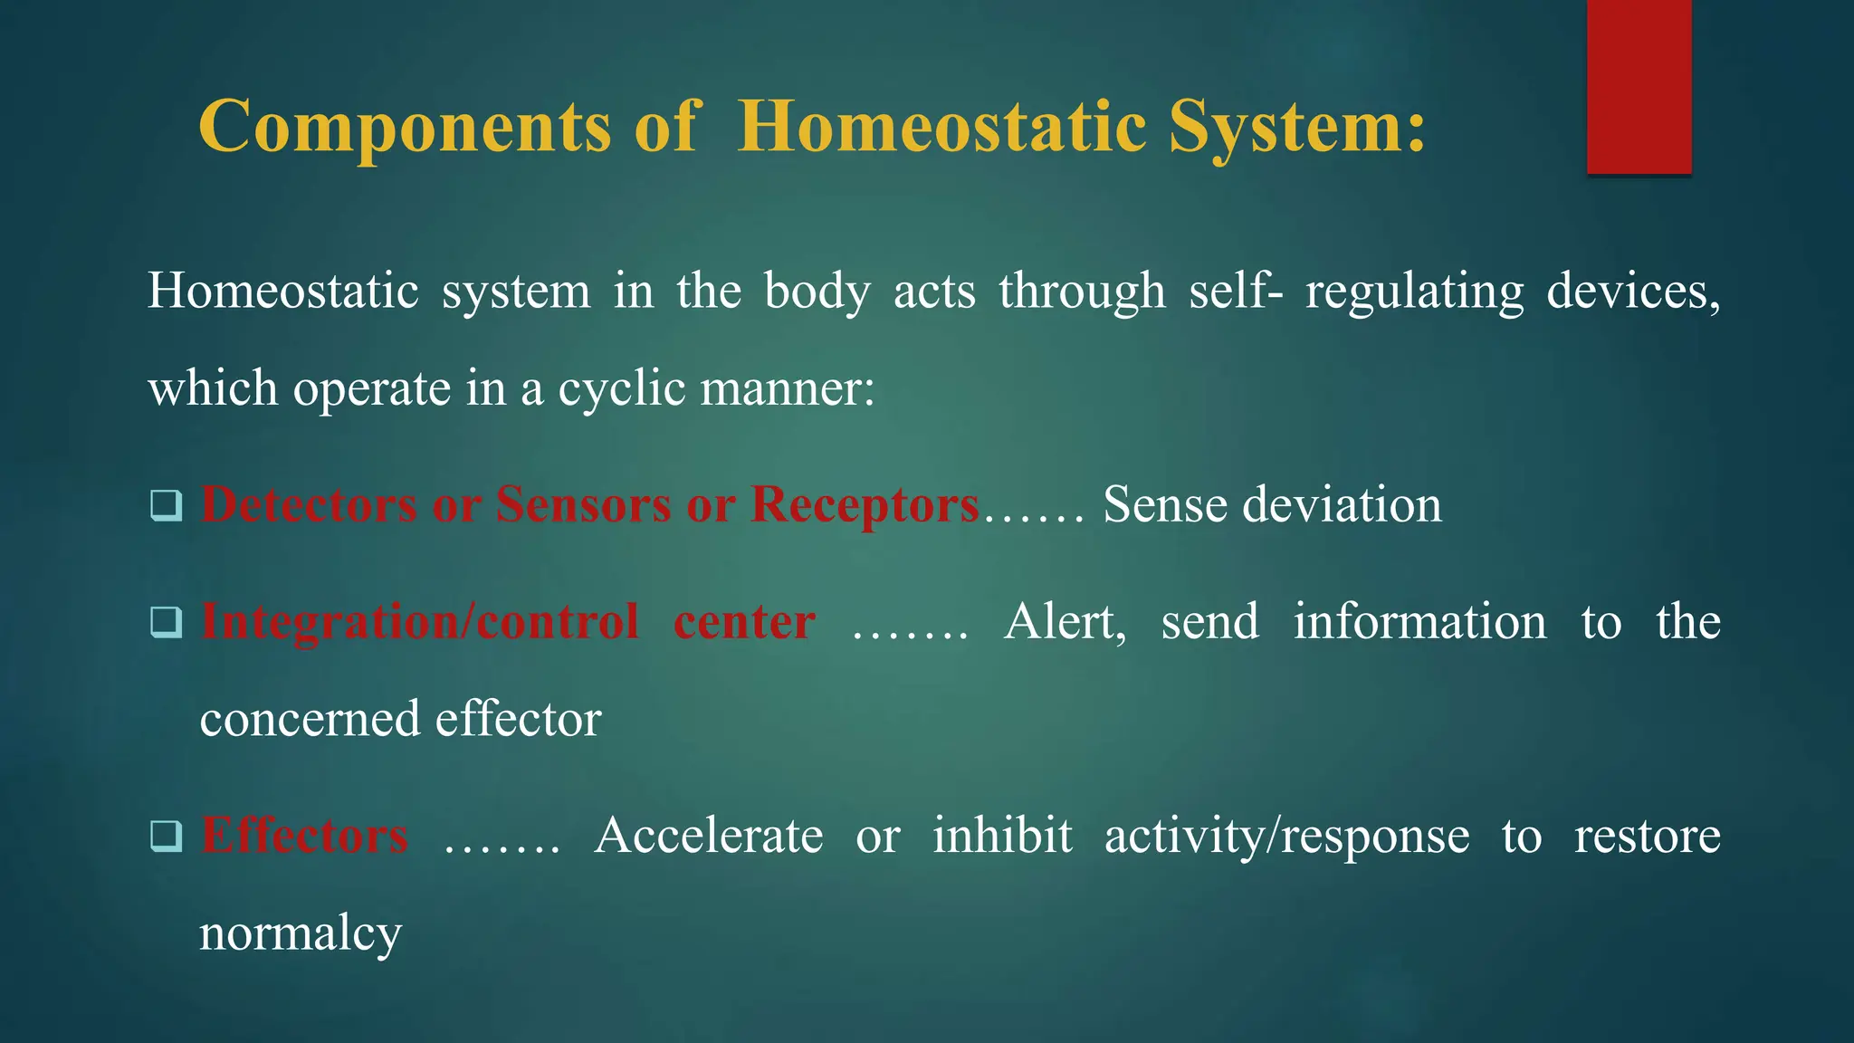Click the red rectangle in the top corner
1639,86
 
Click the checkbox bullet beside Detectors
167,505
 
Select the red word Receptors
865,504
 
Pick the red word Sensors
583,504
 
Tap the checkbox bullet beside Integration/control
167,622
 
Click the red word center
744,622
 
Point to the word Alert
1065,622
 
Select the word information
1419,622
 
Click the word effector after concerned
518,719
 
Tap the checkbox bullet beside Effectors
167,836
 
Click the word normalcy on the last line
300,933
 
